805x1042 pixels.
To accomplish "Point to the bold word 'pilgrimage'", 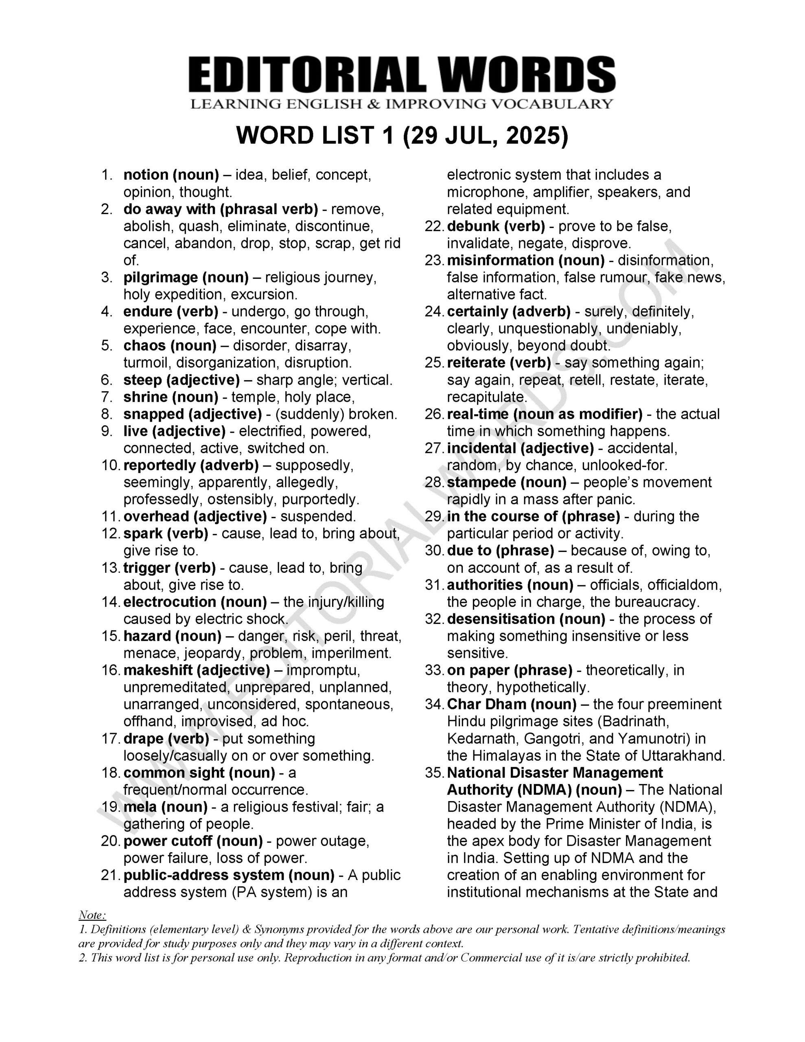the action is (x=160, y=278).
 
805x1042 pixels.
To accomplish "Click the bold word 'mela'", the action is (x=139, y=807).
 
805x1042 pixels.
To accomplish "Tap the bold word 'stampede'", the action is (x=481, y=482).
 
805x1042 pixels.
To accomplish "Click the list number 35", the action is (x=434, y=773).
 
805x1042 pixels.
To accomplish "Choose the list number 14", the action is (x=111, y=602).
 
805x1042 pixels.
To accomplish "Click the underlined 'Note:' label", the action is (x=92, y=915).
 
